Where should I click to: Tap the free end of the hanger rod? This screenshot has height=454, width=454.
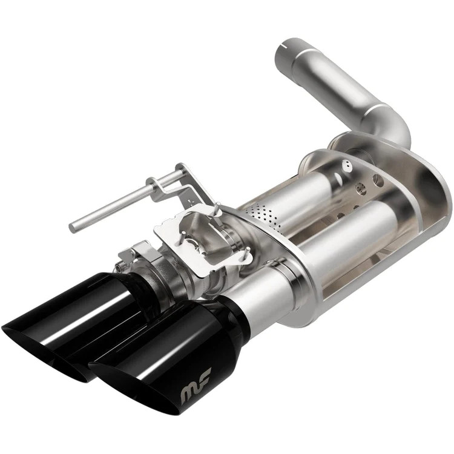tap(73, 228)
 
